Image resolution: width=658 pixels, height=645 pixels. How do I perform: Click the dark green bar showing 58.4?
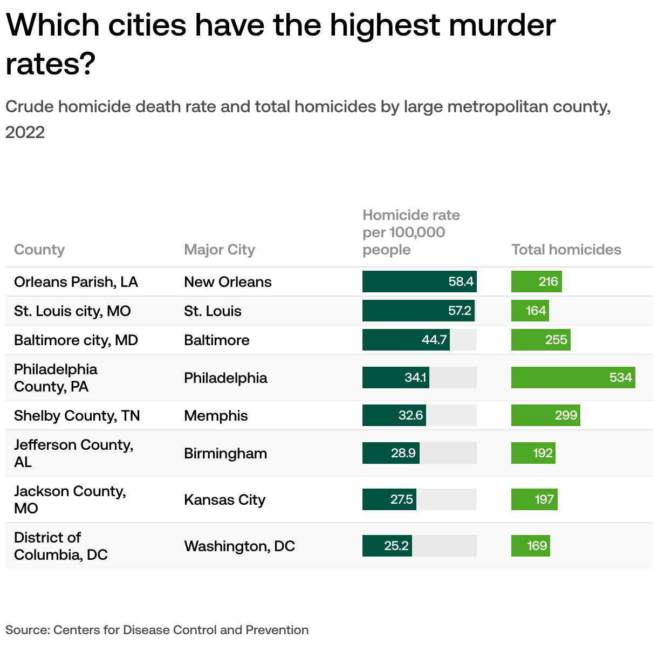(419, 282)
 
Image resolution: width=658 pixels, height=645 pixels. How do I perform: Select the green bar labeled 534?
(573, 378)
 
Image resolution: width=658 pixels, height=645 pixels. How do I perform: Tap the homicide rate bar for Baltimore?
(406, 340)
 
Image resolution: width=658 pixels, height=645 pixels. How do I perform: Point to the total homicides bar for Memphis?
(545, 415)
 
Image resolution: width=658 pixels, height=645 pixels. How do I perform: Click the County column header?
(39, 250)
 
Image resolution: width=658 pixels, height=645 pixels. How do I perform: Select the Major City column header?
(219, 250)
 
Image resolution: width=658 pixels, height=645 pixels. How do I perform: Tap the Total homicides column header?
(566, 250)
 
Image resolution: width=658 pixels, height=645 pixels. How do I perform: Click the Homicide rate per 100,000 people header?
(411, 232)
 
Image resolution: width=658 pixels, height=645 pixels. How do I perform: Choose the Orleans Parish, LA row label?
(76, 282)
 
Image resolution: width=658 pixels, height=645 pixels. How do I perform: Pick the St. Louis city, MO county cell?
(72, 311)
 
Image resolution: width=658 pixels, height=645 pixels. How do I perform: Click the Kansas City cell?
(224, 500)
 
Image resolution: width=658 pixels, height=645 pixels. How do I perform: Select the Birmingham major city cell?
(225, 454)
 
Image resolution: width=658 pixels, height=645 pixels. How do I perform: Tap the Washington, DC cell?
(239, 546)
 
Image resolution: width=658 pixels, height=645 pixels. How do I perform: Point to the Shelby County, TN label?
(77, 416)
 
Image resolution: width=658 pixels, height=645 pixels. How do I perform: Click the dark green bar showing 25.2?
(387, 546)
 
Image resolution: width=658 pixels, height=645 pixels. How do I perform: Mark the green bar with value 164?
(530, 311)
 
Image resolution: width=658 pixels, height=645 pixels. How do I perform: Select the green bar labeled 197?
(534, 499)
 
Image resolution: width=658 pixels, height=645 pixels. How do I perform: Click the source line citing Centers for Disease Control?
(157, 630)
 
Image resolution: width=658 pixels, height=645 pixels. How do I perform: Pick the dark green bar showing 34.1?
(395, 378)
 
